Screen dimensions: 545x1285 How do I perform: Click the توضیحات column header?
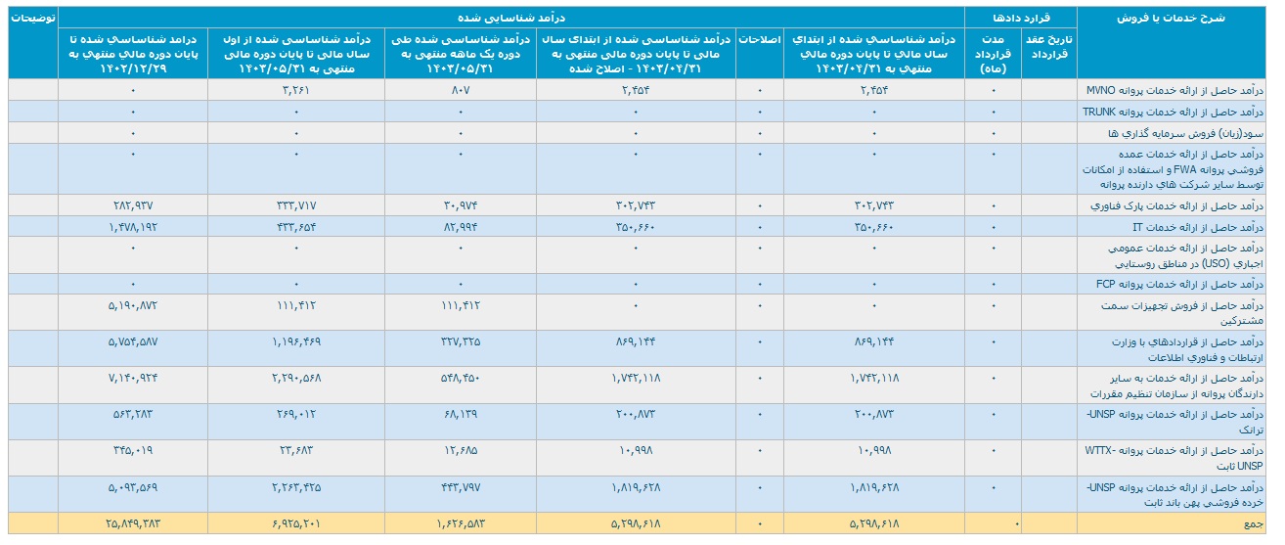[29, 18]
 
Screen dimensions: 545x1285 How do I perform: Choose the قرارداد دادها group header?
[1021, 18]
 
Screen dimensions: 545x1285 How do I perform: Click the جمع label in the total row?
[1253, 524]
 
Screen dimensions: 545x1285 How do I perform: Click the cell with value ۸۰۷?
[460, 90]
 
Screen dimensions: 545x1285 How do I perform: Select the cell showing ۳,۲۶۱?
[295, 90]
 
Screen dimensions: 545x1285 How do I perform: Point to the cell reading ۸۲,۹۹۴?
[460, 227]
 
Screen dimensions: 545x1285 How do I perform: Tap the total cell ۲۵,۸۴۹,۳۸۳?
[133, 524]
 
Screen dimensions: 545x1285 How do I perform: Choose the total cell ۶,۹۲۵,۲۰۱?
[295, 524]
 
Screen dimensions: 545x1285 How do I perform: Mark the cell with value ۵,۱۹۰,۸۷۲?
[133, 305]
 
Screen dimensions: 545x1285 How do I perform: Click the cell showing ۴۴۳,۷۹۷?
[460, 486]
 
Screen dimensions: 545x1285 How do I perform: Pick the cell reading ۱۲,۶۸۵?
[460, 450]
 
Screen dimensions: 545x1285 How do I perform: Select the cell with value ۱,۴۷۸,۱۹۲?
[133, 227]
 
